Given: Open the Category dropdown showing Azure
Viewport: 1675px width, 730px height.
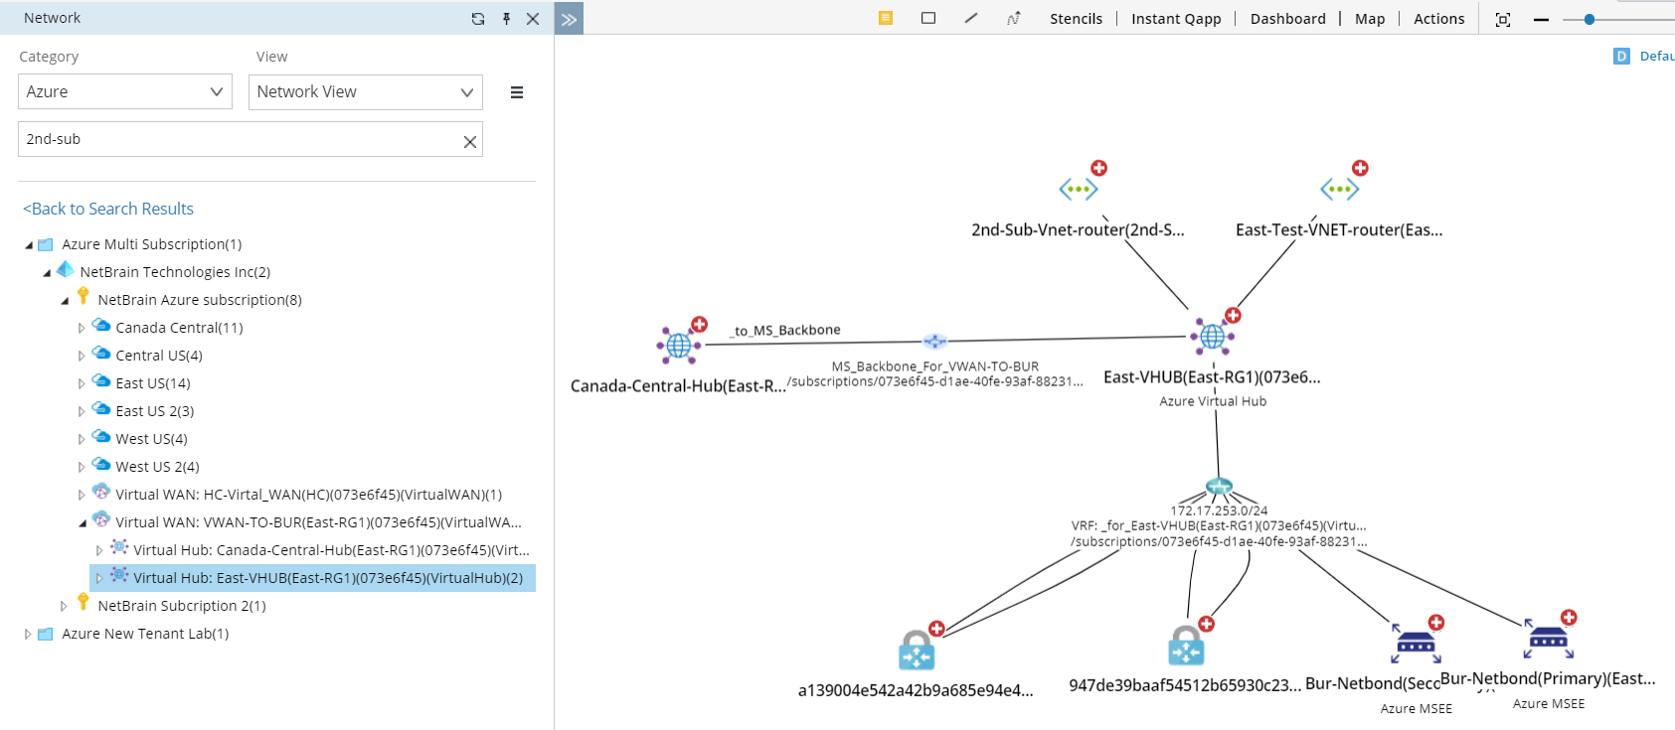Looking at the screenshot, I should tap(124, 91).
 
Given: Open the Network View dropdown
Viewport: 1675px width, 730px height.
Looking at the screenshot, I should tap(365, 91).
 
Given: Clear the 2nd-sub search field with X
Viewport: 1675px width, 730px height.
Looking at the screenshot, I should tap(470, 142).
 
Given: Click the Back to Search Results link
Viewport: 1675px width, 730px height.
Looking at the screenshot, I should tap(108, 209).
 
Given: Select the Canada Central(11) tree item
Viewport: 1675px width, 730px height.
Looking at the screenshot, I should tap(179, 328).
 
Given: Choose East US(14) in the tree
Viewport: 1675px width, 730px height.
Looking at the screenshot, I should tap(152, 383).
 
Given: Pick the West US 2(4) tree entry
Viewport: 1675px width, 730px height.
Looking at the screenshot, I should tap(157, 467).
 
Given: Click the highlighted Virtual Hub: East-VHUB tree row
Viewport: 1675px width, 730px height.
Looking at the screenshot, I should tap(328, 578).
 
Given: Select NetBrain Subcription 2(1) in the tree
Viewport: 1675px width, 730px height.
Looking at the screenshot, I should tap(181, 606).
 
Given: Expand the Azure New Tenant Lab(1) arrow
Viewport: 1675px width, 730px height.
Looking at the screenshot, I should tap(28, 634).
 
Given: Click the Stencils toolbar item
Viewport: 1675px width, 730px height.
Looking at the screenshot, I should tap(1076, 19).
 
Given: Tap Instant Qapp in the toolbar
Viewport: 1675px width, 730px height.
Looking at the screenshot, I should tap(1176, 19).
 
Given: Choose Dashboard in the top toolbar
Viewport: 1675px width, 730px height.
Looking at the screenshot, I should tap(1287, 19).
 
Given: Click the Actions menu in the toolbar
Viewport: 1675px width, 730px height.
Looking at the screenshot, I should tap(1438, 19).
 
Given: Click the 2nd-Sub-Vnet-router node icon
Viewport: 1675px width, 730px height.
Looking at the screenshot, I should tap(1079, 189).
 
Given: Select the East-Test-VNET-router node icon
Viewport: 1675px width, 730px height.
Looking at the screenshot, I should tap(1339, 189).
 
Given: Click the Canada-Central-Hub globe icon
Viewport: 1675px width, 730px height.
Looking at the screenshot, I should tap(679, 345).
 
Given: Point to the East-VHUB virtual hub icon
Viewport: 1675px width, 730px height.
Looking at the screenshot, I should tap(1213, 338).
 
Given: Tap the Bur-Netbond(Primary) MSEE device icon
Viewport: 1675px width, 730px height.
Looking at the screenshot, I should tap(1548, 641).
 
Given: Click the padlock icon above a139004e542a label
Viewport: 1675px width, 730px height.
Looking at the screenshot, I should tap(917, 651).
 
